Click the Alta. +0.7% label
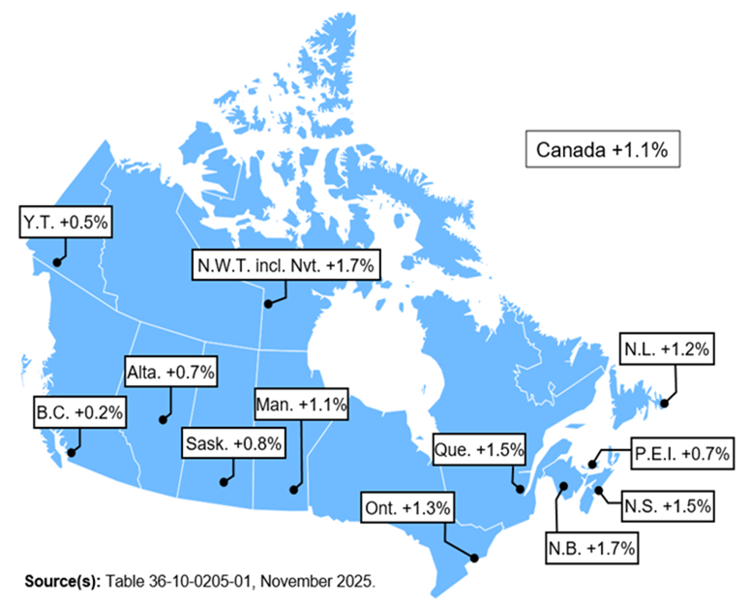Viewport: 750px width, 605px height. pyautogui.click(x=170, y=371)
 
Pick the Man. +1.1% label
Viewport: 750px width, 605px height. pyautogui.click(x=300, y=404)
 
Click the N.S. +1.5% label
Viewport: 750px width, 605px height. pyautogui.click(x=666, y=504)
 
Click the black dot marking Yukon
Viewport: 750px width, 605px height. pyautogui.click(x=56, y=261)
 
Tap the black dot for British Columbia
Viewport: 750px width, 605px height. pyautogui.click(x=70, y=451)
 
